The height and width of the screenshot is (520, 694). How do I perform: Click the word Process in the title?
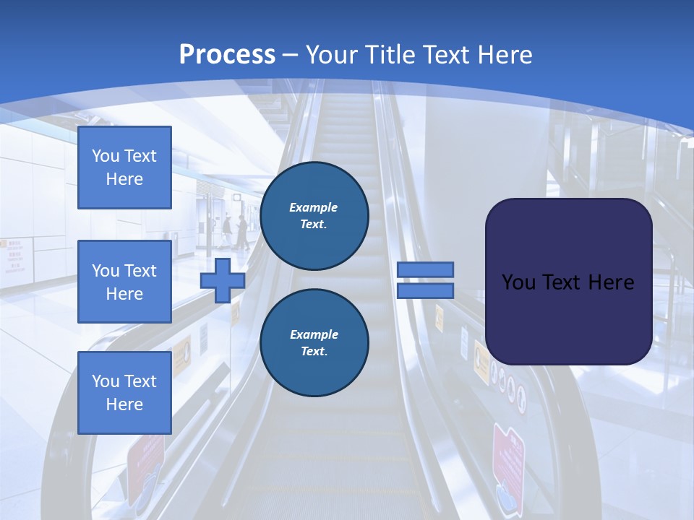coord(227,55)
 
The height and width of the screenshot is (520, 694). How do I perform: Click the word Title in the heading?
coord(390,55)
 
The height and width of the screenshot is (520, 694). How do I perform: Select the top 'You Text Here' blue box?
coord(124,168)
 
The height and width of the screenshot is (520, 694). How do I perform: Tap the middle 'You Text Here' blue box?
coord(124,282)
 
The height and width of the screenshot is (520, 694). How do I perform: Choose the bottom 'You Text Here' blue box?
coord(124,393)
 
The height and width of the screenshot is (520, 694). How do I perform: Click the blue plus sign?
coord(223,280)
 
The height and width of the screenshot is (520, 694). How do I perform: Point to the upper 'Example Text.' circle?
coord(314,216)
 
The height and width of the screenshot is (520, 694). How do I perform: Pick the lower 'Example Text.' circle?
coord(314,343)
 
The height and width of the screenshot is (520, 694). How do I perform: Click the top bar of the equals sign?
coord(425,269)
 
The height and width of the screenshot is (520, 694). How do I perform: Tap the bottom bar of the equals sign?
coord(425,290)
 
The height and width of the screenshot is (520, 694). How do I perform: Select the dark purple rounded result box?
coord(568,282)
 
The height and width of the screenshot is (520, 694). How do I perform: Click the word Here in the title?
coord(505,55)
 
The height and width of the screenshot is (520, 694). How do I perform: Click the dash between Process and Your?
coord(291,55)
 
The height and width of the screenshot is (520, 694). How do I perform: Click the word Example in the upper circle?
coord(313,207)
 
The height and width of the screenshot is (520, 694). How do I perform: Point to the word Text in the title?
coord(447,55)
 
